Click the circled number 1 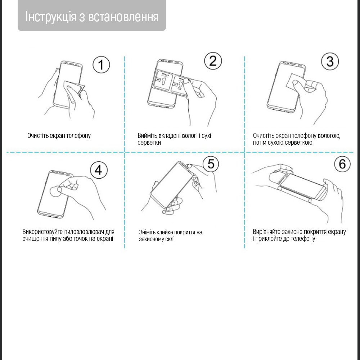[x=101, y=65]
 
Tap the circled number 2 [x=213, y=61]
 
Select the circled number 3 [x=330, y=62]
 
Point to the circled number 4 [x=99, y=170]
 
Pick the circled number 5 [x=211, y=164]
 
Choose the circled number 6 [x=342, y=164]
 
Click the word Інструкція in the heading [x=50, y=17]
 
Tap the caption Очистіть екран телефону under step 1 [x=59, y=136]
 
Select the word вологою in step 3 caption [x=328, y=136]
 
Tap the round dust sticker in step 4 [x=55, y=192]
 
